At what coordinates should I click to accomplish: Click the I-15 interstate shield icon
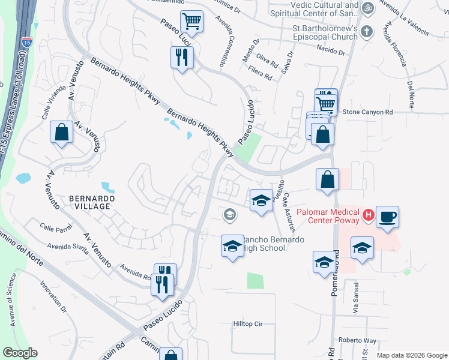pos(26,43)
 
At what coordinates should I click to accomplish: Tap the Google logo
pos(20,353)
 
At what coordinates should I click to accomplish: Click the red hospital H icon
pos(369,214)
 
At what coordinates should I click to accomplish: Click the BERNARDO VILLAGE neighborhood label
pos(89,202)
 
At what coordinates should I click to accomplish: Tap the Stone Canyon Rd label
pos(367,112)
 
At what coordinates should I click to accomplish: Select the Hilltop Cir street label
pos(248,324)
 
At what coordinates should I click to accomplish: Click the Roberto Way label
pos(357,341)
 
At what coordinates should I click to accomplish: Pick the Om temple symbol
pos(368,8)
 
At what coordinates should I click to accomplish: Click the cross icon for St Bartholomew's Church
pos(368,31)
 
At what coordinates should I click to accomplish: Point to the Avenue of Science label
pos(12,300)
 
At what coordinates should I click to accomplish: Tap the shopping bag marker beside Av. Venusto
pos(62,133)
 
